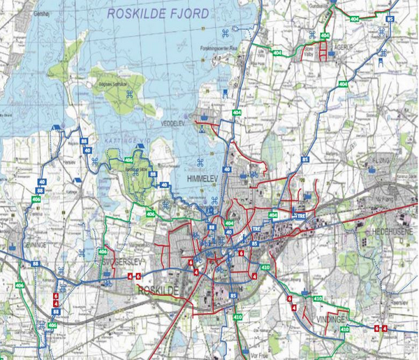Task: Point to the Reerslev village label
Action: pos(401,294)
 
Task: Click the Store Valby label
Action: pos(309,52)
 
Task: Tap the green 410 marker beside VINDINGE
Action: pos(318,298)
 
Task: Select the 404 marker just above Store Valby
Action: pos(324,35)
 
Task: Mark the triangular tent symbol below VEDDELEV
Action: pos(201,129)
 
